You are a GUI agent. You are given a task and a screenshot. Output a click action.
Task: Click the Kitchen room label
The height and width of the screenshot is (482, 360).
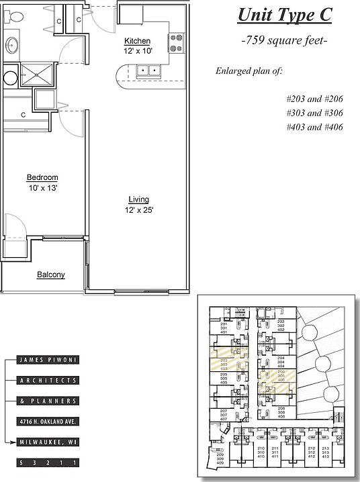(x=137, y=42)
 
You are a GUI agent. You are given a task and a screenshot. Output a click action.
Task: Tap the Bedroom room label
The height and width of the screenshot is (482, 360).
(x=42, y=177)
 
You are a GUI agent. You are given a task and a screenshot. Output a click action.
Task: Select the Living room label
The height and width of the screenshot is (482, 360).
(x=139, y=199)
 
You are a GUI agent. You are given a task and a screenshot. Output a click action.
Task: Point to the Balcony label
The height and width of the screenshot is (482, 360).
(x=50, y=275)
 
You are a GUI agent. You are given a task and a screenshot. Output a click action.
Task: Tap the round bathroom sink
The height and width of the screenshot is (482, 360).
(x=12, y=46)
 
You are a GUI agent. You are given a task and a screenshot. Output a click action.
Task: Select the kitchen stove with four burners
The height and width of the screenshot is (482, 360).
(x=175, y=44)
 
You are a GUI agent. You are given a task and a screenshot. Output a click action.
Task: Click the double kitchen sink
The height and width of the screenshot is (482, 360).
(x=148, y=70)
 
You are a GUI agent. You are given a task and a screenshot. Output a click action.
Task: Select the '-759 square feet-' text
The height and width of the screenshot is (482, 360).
(x=284, y=41)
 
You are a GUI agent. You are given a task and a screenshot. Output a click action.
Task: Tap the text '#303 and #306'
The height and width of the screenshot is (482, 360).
(x=315, y=113)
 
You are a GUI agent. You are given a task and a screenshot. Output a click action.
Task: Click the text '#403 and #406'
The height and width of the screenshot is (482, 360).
(x=315, y=127)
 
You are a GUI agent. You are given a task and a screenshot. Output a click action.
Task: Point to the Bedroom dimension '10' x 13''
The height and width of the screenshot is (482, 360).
(x=42, y=188)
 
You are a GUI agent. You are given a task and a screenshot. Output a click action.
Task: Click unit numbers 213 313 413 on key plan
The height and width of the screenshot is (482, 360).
(x=326, y=452)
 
